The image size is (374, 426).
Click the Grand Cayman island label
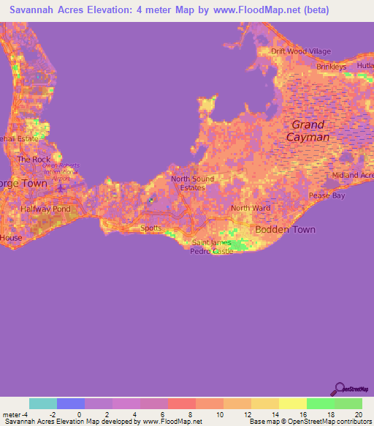click(308, 131)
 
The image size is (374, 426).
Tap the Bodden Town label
click(285, 229)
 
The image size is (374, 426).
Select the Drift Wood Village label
click(301, 51)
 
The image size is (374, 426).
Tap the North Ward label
click(251, 208)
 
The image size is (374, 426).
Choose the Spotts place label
click(150, 228)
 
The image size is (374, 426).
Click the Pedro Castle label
click(212, 251)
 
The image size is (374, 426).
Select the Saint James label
click(211, 243)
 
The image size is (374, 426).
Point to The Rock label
click(34, 159)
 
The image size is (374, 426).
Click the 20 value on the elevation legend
click(358, 415)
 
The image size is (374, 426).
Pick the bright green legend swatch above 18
click(321, 403)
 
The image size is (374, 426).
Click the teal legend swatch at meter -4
click(43, 403)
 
